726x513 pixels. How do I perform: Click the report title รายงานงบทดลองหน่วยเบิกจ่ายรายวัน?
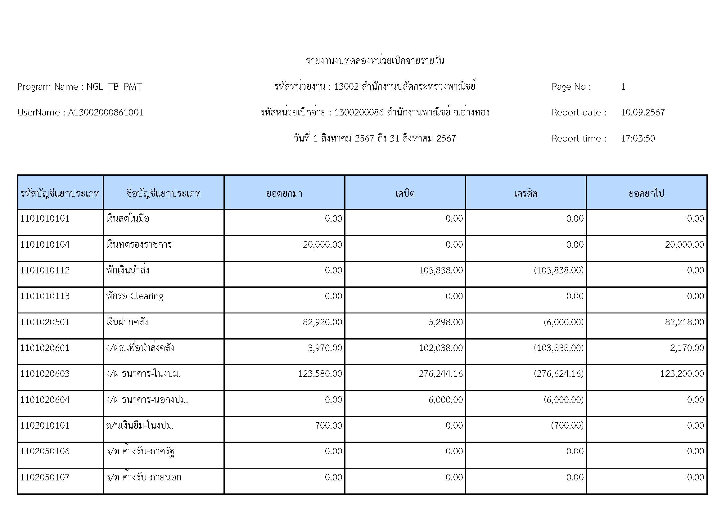(375, 61)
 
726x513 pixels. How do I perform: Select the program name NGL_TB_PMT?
(114, 87)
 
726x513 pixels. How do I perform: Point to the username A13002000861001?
(106, 113)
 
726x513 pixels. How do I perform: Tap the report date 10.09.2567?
(643, 113)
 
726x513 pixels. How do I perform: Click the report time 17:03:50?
(638, 138)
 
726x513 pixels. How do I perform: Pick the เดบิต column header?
(405, 193)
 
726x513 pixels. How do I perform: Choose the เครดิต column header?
(525, 193)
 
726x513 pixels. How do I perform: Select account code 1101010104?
(45, 244)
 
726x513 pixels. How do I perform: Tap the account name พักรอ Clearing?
(135, 296)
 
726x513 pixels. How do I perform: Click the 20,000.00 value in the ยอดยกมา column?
(322, 244)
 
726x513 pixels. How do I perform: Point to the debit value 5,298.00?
(445, 322)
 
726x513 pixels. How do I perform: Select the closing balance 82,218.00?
(684, 322)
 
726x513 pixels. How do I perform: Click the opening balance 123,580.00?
(320, 374)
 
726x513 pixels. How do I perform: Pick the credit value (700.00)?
(567, 425)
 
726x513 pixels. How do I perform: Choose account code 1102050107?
(45, 477)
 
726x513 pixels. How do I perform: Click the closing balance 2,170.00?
(687, 348)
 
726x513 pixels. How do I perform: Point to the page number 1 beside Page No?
(623, 87)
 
